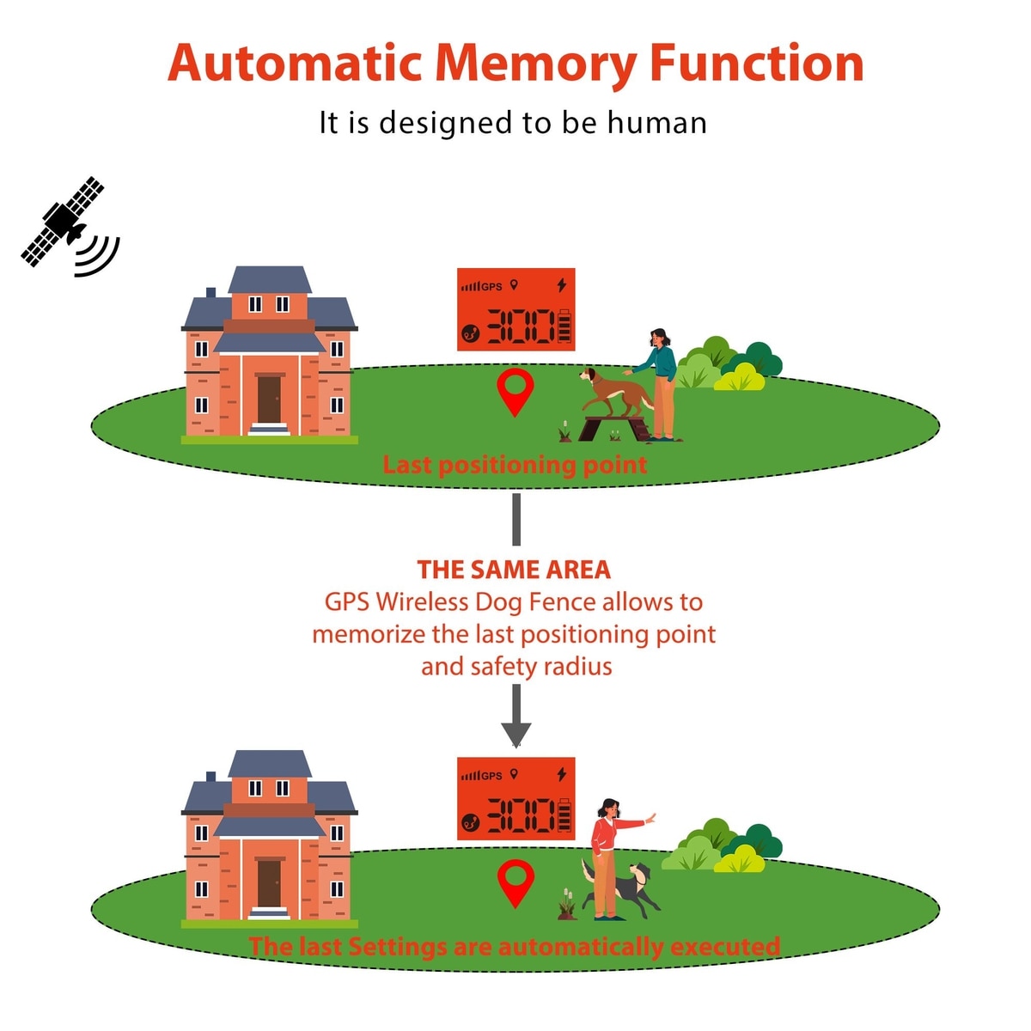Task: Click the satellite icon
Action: point(64,222)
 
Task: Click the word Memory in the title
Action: point(534,64)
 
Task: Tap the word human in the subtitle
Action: point(656,123)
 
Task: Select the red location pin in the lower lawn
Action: point(515,881)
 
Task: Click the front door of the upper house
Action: point(269,399)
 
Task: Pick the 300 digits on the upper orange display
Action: point(522,327)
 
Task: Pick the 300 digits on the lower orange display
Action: point(522,815)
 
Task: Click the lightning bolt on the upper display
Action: point(562,284)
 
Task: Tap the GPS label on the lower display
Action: point(491,776)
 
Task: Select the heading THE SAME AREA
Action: point(514,570)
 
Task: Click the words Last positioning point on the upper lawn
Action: point(514,465)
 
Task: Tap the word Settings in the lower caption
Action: point(399,946)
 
